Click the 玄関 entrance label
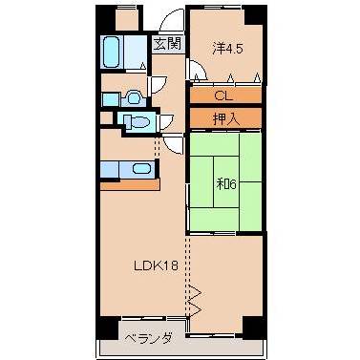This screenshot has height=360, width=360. [x=169, y=44]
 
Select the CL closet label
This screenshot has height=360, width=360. [x=223, y=95]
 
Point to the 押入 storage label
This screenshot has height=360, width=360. [x=223, y=117]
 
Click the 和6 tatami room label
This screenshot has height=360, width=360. [x=225, y=183]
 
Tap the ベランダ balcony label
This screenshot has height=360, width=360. [x=147, y=337]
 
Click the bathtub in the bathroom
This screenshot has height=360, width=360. [x=113, y=51]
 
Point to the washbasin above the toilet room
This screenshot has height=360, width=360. [x=131, y=96]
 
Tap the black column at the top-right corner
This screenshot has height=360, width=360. [x=251, y=16]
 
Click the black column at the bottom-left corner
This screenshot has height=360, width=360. [x=104, y=324]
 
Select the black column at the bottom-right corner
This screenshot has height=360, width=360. [x=251, y=324]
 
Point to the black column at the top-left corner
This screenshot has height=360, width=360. [x=104, y=16]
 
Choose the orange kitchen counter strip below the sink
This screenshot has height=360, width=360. [x=128, y=183]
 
